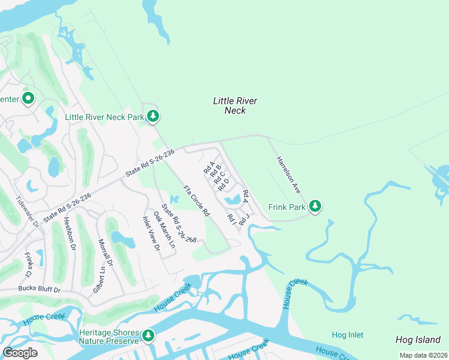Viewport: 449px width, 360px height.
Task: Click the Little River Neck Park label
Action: click(104, 117)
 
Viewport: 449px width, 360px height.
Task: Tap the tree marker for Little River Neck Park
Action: click(153, 116)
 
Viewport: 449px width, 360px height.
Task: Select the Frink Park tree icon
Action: click(315, 207)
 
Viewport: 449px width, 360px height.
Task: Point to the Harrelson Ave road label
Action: click(288, 175)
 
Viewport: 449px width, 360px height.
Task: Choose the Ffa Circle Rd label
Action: click(196, 201)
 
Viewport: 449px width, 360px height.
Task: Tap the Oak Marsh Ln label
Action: click(164, 230)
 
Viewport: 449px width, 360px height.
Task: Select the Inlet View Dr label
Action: click(151, 234)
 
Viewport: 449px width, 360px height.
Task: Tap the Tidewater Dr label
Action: click(27, 212)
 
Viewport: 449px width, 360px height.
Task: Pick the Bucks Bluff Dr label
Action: click(40, 290)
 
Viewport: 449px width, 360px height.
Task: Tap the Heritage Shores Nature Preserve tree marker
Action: click(148, 337)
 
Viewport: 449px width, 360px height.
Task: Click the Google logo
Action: click(20, 352)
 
